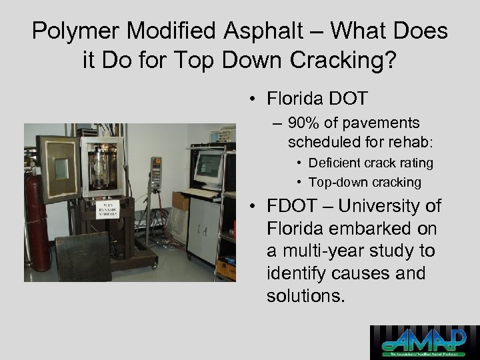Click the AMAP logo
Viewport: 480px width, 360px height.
click(425, 342)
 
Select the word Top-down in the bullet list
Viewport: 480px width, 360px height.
click(339, 182)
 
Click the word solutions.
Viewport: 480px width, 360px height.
click(306, 296)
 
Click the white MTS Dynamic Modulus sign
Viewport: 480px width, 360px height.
click(107, 207)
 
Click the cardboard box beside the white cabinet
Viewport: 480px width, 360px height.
click(179, 200)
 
